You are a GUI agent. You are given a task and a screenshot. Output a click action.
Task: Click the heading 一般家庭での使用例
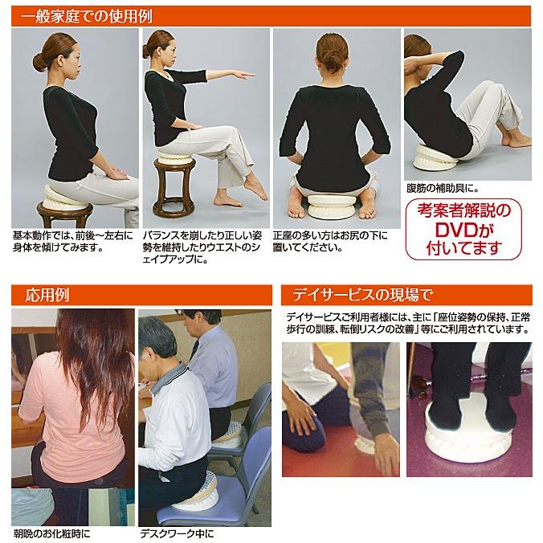87,17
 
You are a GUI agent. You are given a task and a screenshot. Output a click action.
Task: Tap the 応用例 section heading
47,295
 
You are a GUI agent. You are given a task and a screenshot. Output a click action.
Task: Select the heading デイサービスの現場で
362,295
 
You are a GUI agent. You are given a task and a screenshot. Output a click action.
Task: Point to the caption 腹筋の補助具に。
443,189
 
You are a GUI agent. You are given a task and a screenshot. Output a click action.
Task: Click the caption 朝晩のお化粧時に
51,533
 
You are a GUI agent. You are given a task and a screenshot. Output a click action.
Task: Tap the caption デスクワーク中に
177,533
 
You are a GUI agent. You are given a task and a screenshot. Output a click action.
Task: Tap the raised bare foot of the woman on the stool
256,186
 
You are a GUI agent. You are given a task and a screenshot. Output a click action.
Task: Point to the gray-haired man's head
157,341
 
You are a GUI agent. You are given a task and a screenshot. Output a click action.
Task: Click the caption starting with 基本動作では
73,242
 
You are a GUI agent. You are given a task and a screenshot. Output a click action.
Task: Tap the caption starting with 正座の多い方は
330,242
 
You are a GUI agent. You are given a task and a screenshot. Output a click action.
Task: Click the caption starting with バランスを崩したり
202,247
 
